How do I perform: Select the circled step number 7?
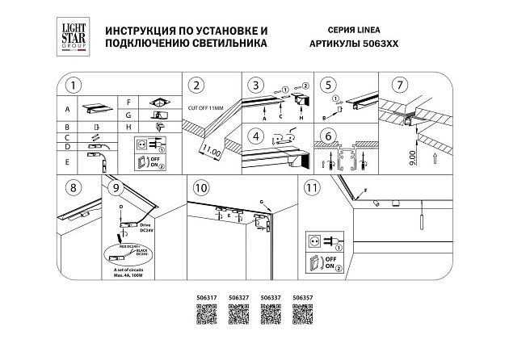click(397, 85)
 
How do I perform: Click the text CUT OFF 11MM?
click(207, 107)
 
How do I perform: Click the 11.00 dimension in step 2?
click(211, 149)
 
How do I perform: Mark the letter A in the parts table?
click(68, 107)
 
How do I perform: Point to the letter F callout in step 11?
click(365, 190)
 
